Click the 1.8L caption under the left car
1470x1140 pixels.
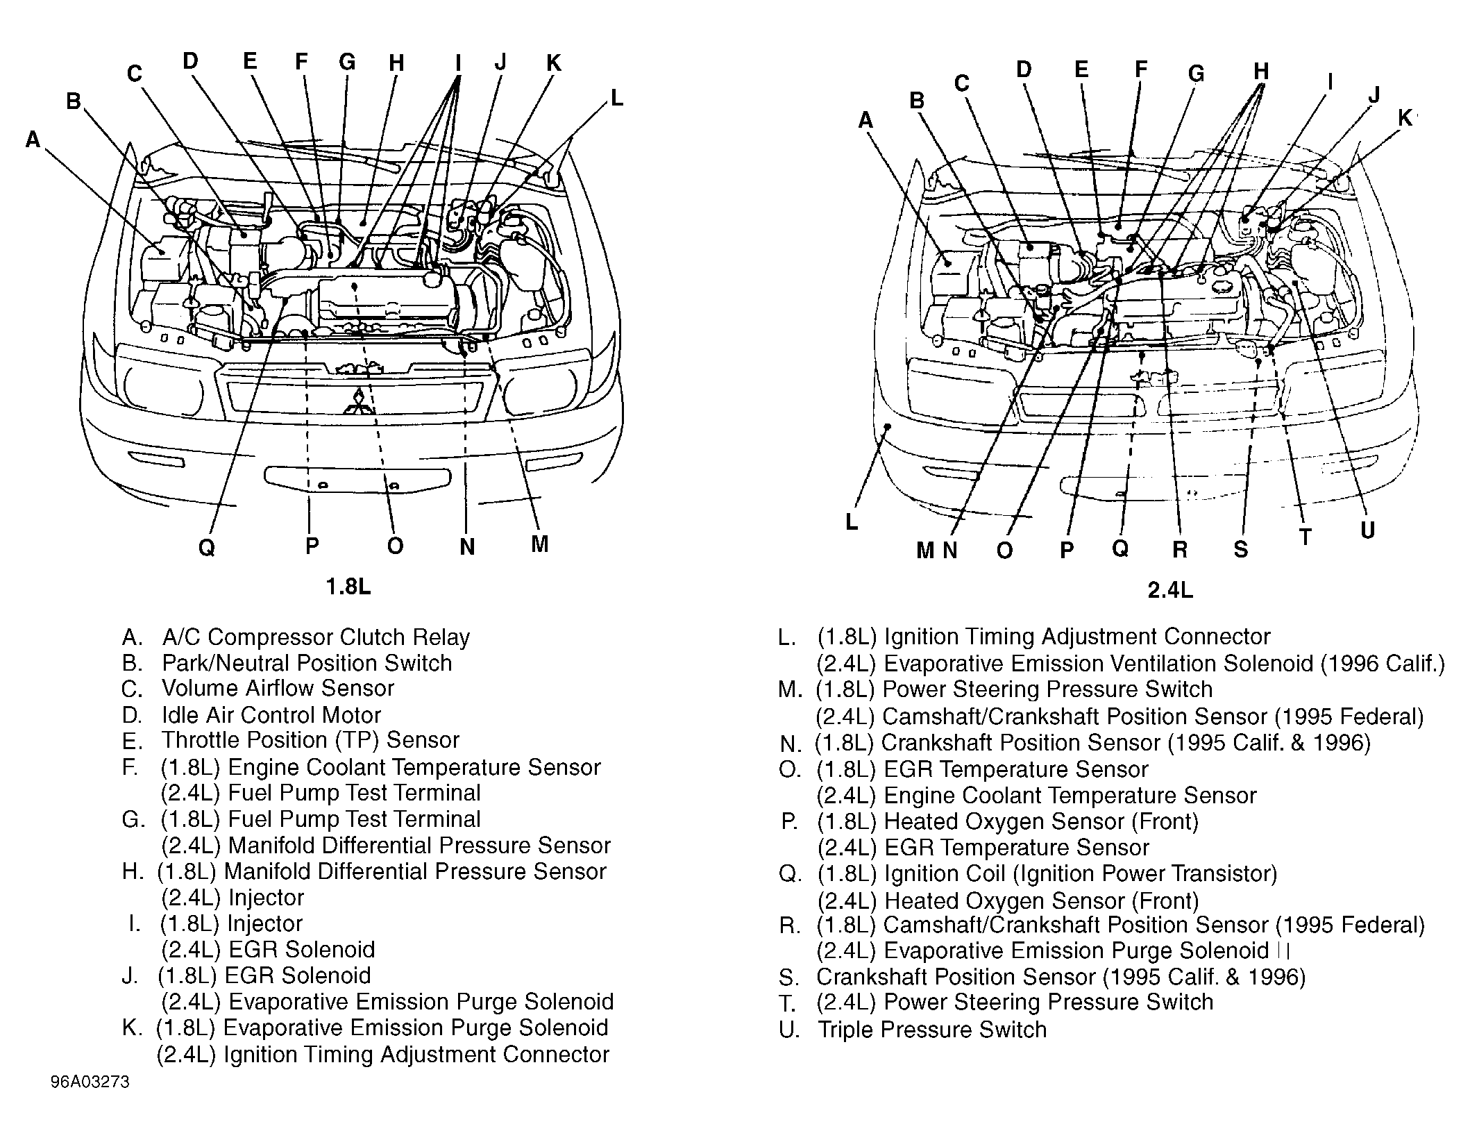tap(348, 587)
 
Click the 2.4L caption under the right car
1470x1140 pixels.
tap(1169, 590)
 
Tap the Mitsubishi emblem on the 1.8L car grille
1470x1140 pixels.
tap(359, 402)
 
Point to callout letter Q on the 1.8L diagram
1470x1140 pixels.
tap(207, 548)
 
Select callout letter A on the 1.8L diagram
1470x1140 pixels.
tap(33, 140)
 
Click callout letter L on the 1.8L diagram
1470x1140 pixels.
tap(616, 99)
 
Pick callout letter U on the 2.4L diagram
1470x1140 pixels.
tap(1367, 531)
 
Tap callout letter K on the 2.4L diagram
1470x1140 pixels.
tap(1405, 119)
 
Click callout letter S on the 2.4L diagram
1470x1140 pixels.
tap(1241, 550)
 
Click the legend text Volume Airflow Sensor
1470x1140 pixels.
tap(278, 688)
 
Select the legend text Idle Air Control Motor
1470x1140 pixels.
tap(271, 714)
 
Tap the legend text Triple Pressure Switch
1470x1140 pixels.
tap(931, 1029)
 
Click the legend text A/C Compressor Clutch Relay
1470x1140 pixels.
tap(316, 637)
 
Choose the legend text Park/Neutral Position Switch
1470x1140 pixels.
tap(307, 663)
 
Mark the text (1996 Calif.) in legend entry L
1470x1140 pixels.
tap(1382, 664)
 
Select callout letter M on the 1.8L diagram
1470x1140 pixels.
tap(540, 544)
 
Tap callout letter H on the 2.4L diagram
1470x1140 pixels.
tap(1261, 71)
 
